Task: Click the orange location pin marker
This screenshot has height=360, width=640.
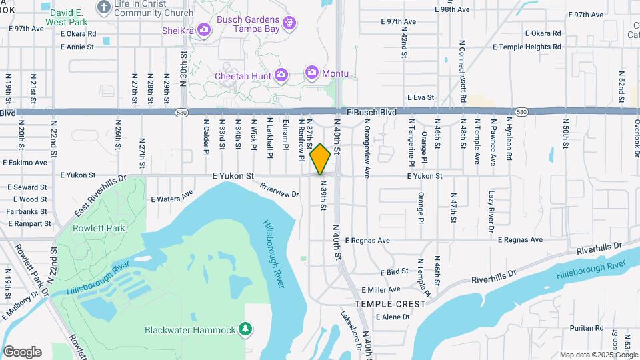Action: pyautogui.click(x=321, y=159)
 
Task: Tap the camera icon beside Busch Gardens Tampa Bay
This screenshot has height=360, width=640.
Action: pyautogui.click(x=289, y=24)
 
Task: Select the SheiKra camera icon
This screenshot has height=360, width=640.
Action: pyautogui.click(x=204, y=30)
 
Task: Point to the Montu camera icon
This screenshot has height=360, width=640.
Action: pyautogui.click(x=312, y=72)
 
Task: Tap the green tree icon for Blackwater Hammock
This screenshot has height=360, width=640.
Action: pyautogui.click(x=246, y=329)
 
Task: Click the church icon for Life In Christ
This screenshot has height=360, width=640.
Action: pyautogui.click(x=103, y=7)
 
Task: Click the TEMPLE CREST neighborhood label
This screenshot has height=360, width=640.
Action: pyautogui.click(x=390, y=304)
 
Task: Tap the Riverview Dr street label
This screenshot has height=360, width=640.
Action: pyautogui.click(x=279, y=190)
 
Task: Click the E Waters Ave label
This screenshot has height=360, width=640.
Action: pyautogui.click(x=171, y=198)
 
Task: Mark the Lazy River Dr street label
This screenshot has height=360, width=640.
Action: pyautogui.click(x=491, y=211)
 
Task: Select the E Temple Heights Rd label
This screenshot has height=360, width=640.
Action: pyautogui.click(x=527, y=47)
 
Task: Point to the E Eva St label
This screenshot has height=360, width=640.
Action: pyautogui.click(x=421, y=97)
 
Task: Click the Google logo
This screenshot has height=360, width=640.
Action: pyautogui.click(x=22, y=352)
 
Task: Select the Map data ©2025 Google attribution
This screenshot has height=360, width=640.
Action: pyautogui.click(x=599, y=355)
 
